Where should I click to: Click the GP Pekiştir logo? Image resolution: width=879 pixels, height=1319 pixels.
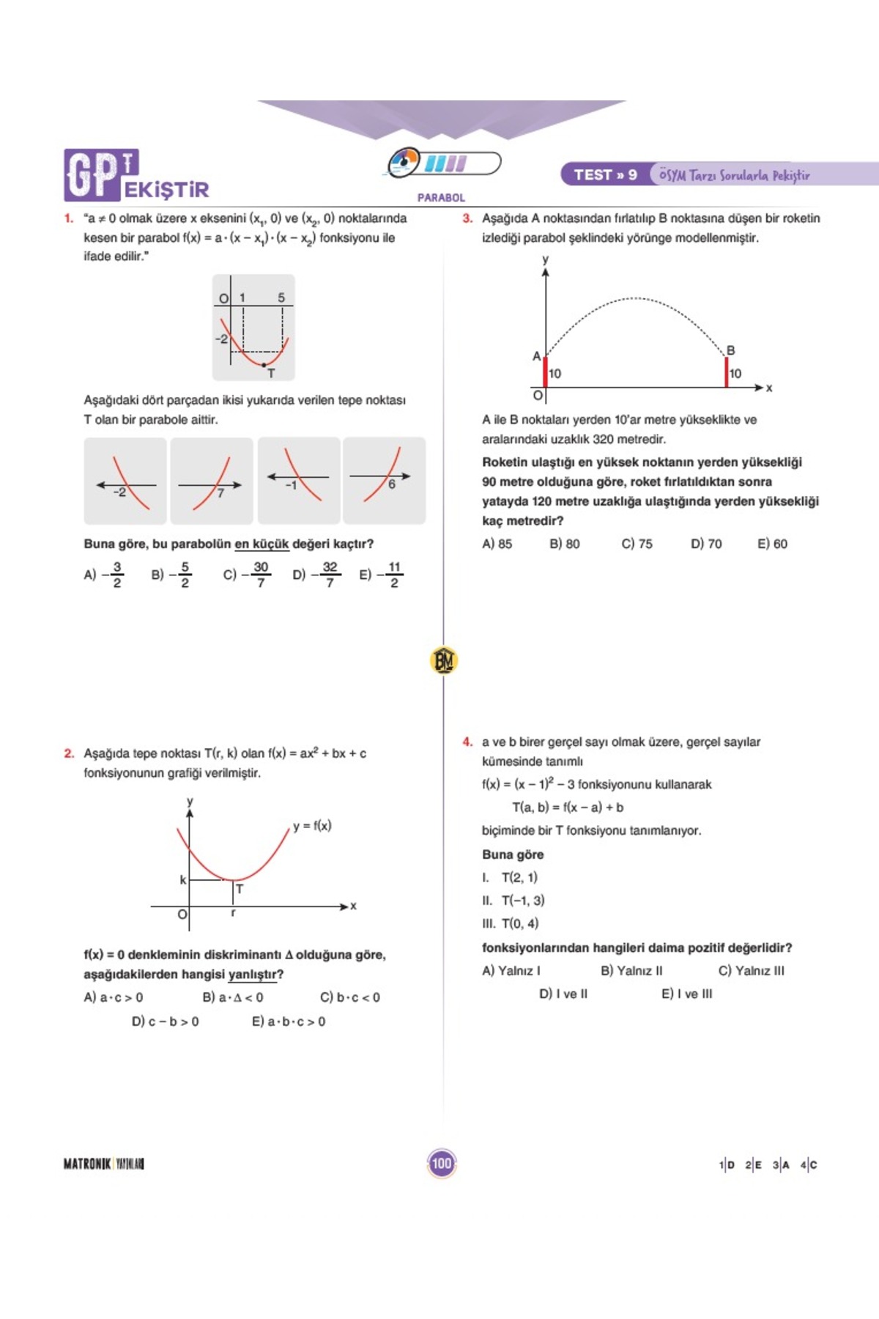tap(136, 177)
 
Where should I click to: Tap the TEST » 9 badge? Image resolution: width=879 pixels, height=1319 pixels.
tap(605, 175)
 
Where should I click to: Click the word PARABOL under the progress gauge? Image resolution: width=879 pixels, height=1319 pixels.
tap(441, 198)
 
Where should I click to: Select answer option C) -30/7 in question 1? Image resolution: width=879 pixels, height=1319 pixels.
tap(248, 574)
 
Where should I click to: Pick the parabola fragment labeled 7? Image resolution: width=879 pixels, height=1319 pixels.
tap(212, 481)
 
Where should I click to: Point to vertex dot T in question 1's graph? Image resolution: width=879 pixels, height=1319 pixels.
tap(264, 364)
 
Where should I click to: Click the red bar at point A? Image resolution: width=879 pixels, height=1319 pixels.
tap(545, 372)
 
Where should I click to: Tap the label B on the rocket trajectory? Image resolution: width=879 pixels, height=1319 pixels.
tap(730, 351)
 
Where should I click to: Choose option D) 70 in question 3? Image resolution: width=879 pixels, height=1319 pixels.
tap(705, 544)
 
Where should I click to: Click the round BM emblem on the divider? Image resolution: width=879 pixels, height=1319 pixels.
tap(443, 660)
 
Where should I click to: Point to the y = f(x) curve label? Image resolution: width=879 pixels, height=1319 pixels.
tap(312, 826)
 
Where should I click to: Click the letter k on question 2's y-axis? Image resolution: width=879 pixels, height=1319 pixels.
tap(183, 879)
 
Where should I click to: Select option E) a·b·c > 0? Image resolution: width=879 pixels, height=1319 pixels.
tap(289, 1021)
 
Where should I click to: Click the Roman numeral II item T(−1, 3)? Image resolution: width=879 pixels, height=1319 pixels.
tap(513, 901)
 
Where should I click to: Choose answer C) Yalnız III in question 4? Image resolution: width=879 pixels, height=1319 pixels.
tap(751, 971)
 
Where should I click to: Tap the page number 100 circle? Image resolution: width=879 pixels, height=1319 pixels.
tap(441, 1164)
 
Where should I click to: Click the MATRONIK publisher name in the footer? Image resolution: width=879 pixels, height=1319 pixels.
tap(87, 1164)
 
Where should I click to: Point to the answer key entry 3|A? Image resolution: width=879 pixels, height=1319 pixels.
tap(781, 1164)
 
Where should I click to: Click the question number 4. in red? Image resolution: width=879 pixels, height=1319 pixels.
tap(467, 742)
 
